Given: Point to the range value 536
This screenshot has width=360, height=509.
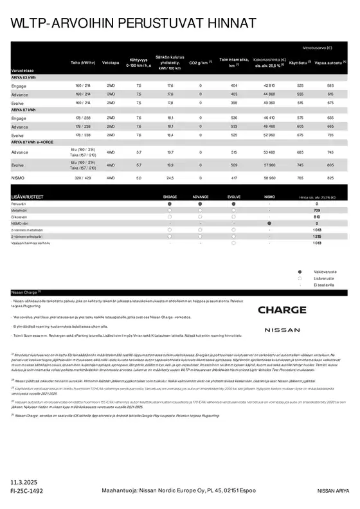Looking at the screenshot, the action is point(234,118).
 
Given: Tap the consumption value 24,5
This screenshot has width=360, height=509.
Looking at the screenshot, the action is point(170,177).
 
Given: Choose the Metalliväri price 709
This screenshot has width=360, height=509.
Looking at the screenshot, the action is point(316,210).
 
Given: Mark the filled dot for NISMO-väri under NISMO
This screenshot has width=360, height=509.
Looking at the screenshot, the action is point(269,223).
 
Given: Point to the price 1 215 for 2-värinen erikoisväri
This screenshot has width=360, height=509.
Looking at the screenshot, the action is point(316,236).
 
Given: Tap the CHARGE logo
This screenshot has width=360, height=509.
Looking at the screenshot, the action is point(282,310).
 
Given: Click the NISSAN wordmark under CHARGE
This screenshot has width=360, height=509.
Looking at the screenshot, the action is point(282,330).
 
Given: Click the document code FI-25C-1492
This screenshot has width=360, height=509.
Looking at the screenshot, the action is point(27,490).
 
